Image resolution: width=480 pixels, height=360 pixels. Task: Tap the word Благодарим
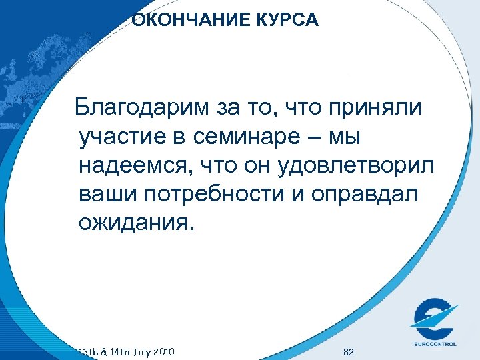tap(141, 107)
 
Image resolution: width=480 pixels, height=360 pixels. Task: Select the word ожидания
tap(138, 222)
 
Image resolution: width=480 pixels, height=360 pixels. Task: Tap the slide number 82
tap(347, 351)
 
